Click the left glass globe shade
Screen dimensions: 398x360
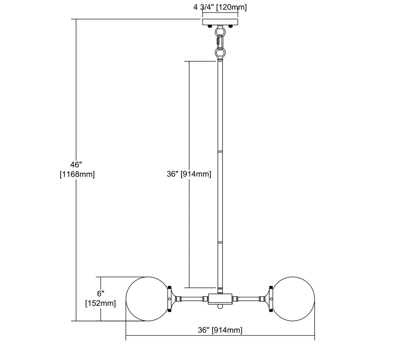tap(148, 299)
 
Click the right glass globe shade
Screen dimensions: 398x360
tap(293, 299)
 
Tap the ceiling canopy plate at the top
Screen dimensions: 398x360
tap(220, 22)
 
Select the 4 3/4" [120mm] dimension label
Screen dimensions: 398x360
tap(220, 8)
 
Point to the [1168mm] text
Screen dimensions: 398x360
tap(77, 174)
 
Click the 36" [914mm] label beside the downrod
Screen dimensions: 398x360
tap(189, 174)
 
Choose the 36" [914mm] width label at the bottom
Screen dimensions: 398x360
tap(220, 330)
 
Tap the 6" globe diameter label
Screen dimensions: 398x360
tap(101, 293)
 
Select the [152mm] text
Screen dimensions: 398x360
tap(101, 303)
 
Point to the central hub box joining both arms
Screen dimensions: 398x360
tap(220, 299)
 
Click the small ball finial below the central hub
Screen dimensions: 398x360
tap(220, 306)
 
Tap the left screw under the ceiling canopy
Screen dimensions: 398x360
tap(210, 26)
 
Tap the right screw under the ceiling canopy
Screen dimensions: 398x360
tap(230, 26)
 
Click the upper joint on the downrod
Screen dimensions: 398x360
tap(220, 151)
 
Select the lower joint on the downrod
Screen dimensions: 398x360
tap(220, 243)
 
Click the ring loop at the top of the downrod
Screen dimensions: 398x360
tap(220, 53)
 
